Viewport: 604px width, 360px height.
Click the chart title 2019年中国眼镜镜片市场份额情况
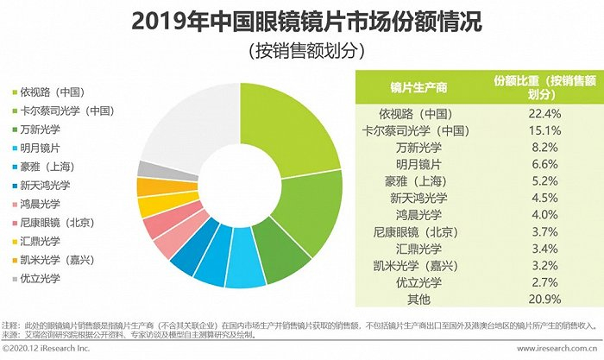pos(302,21)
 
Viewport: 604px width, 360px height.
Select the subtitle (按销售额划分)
pos(302,50)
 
